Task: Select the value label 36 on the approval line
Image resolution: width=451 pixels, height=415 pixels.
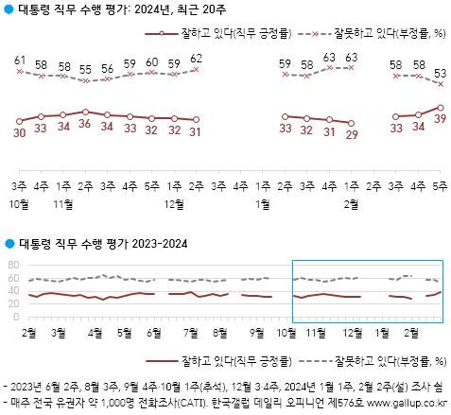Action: coord(85,125)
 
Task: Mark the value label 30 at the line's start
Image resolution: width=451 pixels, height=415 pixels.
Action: coord(19,134)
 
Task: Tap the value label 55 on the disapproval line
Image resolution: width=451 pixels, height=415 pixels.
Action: coord(85,69)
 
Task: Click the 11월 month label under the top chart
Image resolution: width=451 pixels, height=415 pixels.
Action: coord(63,202)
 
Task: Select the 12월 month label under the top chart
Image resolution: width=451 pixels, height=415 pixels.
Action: coord(174,202)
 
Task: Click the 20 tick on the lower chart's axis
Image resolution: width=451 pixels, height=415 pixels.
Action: coord(12,303)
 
